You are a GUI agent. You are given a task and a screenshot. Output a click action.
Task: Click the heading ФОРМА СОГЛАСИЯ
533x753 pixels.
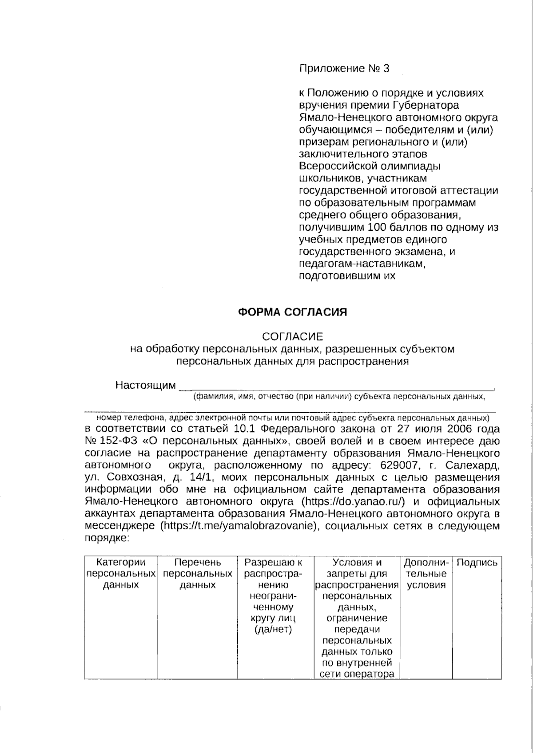click(293, 312)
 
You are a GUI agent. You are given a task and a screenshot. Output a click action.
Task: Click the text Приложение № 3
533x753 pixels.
click(344, 69)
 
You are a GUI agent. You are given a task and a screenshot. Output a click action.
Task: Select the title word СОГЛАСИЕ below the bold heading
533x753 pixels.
click(293, 337)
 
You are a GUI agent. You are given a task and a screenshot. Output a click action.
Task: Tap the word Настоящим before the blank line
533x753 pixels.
click(145, 385)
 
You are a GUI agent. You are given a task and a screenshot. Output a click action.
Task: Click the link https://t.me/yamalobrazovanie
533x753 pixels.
click(239, 526)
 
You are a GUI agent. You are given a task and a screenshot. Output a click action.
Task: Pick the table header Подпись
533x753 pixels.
click(477, 563)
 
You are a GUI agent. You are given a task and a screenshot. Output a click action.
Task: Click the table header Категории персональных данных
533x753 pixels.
click(121, 574)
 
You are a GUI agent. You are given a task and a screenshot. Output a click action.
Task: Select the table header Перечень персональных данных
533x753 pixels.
click(198, 574)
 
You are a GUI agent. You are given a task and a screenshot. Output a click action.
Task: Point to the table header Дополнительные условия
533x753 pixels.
click(426, 574)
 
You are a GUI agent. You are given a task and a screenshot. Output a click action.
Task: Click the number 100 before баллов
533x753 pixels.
click(377, 228)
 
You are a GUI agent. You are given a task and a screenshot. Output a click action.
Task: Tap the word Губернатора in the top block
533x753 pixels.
click(426, 106)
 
